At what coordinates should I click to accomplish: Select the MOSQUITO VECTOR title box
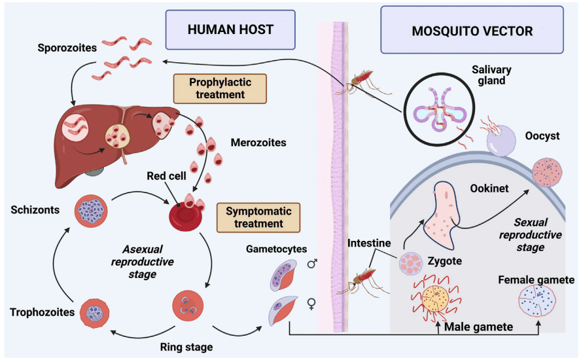coord(472,30)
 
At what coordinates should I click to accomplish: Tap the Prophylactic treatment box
coord(212,88)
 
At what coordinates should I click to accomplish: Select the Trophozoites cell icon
coord(94,314)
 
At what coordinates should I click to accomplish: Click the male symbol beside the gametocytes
coord(312,264)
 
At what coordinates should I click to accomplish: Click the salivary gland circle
coord(437,112)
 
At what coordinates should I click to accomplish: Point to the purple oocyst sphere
coord(501,140)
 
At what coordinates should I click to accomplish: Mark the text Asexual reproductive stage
coord(149,262)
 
